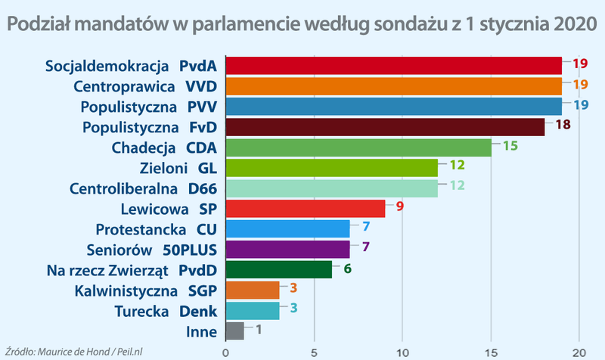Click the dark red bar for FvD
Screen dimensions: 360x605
coord(384,127)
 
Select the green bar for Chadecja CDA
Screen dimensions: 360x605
coord(358,147)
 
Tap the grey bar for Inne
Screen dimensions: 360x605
coord(234,331)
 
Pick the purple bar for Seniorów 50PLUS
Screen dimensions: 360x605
coord(287,249)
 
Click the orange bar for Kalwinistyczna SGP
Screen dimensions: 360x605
coord(252,290)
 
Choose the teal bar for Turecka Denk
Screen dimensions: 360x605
coord(252,311)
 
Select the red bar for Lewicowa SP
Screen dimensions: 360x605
coord(305,208)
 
